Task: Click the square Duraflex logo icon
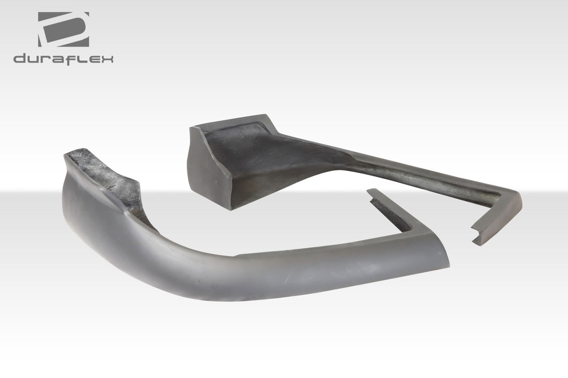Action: tap(63, 29)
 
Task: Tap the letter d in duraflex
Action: tap(20, 59)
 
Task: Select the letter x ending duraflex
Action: tap(106, 59)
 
